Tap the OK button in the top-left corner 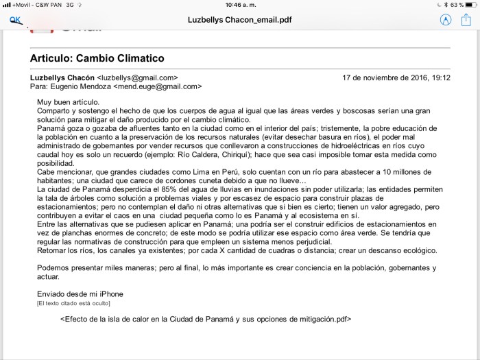pos(15,21)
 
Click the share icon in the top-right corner pos(466,20)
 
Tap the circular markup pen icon pos(445,20)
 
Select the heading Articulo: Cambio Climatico pos(97,58)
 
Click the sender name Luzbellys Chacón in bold pos(62,77)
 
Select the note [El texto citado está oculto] pos(73,303)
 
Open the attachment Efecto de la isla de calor pos(206,319)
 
